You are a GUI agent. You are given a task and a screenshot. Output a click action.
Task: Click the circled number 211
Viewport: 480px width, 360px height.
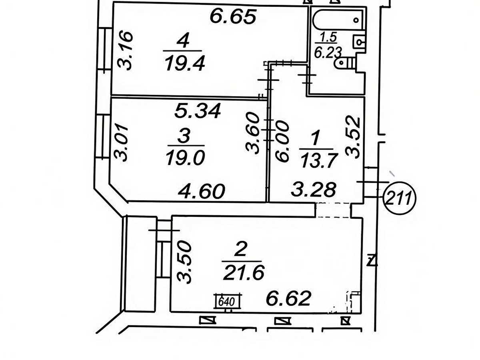tap(400, 198)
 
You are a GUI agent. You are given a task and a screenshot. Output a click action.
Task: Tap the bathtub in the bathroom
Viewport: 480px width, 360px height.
tap(338, 20)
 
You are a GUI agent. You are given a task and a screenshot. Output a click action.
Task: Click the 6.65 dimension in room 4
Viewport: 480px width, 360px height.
tap(233, 17)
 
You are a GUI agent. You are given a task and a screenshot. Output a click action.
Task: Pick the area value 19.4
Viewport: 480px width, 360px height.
tap(185, 63)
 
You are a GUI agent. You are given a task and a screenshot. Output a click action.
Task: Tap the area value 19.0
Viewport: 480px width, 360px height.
tap(186, 158)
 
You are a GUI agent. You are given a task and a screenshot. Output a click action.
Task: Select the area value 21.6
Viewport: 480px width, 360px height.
tap(244, 272)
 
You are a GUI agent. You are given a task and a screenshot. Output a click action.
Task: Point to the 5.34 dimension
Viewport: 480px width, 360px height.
tap(198, 111)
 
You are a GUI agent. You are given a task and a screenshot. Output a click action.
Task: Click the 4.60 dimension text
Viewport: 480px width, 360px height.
tap(202, 192)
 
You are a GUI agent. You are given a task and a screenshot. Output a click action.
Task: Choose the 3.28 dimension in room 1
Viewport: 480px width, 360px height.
tap(313, 189)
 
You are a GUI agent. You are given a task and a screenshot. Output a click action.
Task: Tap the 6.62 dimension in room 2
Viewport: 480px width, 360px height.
tap(289, 298)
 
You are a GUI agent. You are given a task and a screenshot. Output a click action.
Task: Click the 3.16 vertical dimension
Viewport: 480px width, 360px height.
tap(125, 51)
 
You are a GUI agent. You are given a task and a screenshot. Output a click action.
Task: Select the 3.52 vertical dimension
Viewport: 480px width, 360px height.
tap(352, 138)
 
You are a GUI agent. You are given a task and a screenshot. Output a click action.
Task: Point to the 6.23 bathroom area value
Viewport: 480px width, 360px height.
tap(328, 53)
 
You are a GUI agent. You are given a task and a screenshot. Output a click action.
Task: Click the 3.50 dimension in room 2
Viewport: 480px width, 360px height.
tap(184, 262)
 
